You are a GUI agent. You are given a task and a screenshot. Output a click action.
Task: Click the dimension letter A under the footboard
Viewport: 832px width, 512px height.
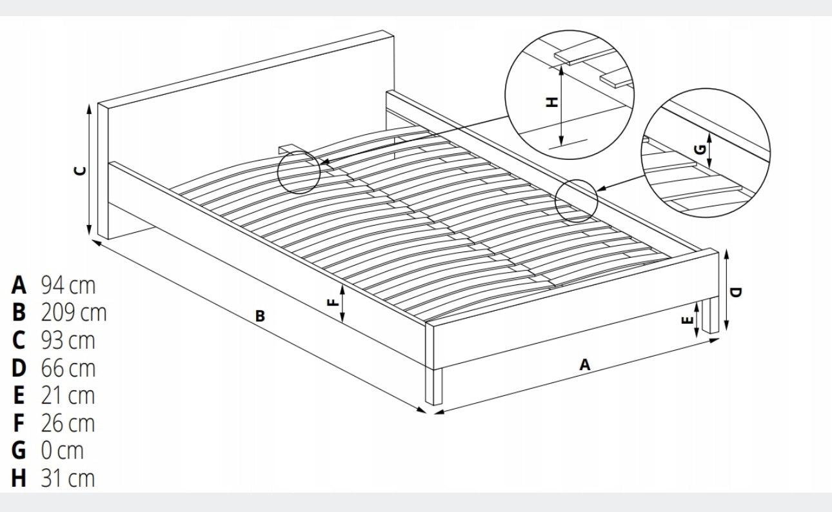click(x=584, y=365)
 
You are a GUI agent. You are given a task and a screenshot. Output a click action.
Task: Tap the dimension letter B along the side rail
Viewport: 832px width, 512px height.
click(x=260, y=316)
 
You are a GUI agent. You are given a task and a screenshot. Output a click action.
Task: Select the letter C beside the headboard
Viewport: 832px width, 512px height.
click(x=81, y=170)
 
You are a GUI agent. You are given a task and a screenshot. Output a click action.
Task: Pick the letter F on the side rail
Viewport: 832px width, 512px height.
click(x=333, y=302)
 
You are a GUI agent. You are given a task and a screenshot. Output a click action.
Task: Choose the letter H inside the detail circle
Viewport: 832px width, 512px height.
click(x=551, y=103)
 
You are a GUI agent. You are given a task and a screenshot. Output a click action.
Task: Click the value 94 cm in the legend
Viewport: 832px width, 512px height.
click(x=67, y=284)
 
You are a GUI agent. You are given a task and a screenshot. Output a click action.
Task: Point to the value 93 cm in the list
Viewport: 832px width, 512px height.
click(x=67, y=340)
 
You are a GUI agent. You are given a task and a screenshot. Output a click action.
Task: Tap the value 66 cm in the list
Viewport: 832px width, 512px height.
click(x=67, y=368)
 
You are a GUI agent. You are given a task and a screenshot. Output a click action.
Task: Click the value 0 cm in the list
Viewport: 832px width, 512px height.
click(x=62, y=450)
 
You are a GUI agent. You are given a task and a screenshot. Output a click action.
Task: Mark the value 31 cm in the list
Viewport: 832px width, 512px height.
click(x=67, y=478)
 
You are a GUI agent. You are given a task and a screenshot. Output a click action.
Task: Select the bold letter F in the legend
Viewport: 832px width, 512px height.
click(x=19, y=423)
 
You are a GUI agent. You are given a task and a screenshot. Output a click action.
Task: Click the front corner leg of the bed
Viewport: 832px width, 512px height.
click(x=437, y=386)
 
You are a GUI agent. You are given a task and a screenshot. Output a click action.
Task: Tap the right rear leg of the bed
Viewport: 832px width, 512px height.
click(x=711, y=315)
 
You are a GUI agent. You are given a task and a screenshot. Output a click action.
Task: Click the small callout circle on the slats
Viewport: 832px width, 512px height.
click(x=299, y=172)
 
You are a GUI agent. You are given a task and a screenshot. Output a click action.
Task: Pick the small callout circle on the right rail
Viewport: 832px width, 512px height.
click(x=577, y=201)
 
